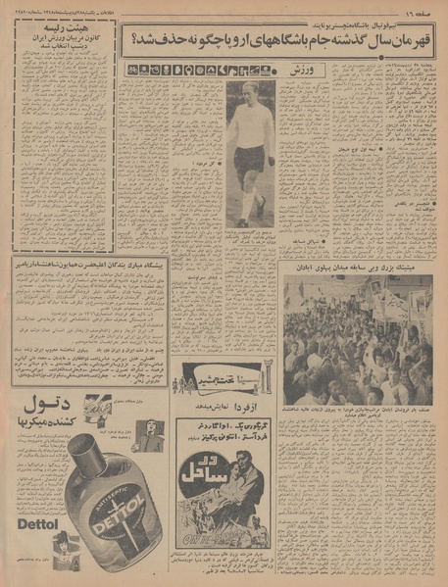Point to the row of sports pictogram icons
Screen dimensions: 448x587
[x=204, y=71]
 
